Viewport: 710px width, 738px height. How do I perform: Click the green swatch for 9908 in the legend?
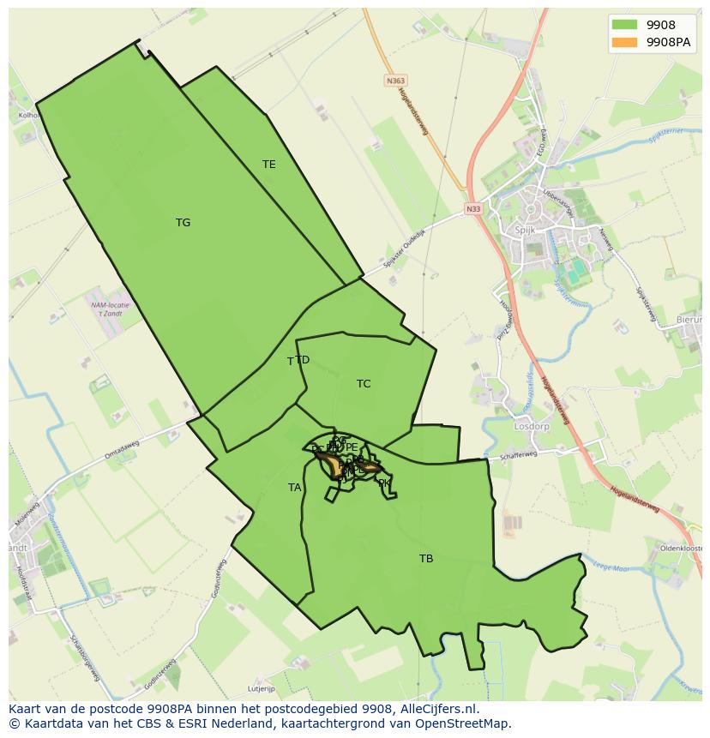click(624, 25)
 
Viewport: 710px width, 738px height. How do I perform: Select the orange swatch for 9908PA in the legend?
click(624, 42)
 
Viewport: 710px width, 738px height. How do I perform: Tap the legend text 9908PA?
click(669, 42)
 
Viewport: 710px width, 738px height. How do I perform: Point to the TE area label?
click(269, 165)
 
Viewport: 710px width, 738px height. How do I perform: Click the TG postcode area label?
click(183, 223)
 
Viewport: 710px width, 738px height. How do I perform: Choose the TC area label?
click(364, 384)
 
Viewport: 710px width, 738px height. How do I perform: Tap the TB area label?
click(426, 559)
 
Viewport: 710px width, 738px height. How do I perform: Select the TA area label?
click(294, 488)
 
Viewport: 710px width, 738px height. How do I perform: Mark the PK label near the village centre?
click(384, 483)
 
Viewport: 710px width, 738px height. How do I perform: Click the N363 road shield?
click(394, 81)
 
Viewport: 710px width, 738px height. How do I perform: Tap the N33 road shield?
click(473, 208)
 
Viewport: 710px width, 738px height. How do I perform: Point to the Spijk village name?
click(525, 231)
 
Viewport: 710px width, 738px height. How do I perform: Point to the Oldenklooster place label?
click(681, 548)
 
